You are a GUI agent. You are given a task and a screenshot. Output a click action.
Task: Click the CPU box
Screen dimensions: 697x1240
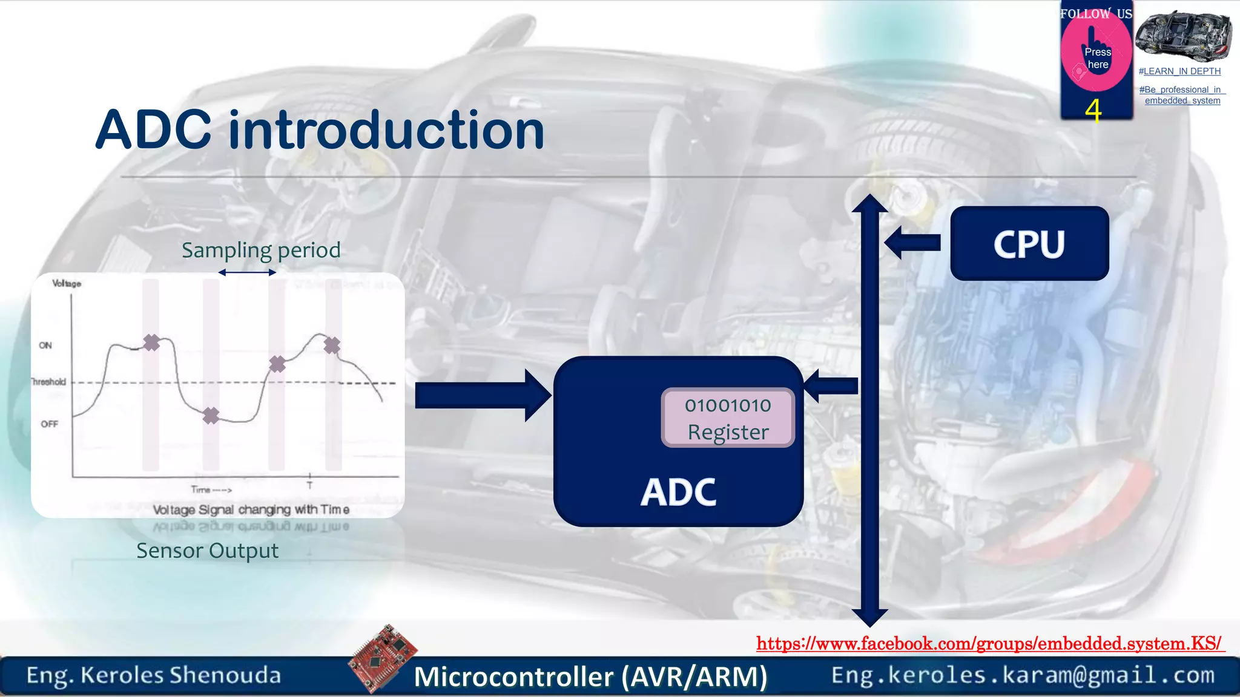point(1029,243)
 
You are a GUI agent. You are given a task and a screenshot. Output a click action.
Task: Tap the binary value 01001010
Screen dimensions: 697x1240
point(728,405)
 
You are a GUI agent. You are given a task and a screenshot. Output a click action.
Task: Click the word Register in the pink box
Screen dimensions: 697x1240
point(728,432)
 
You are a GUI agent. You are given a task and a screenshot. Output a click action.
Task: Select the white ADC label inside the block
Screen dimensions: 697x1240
point(678,492)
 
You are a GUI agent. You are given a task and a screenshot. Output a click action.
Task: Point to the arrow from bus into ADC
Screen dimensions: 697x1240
point(831,386)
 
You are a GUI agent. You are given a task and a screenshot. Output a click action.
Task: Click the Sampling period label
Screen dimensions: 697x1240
point(261,250)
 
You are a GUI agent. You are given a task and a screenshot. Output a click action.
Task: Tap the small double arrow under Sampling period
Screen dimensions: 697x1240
point(247,272)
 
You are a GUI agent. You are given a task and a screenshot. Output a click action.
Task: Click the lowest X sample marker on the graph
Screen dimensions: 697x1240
point(211,416)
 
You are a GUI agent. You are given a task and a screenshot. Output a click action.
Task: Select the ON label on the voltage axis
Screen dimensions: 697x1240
point(45,345)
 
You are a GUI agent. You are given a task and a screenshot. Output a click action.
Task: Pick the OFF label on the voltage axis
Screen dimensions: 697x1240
point(49,424)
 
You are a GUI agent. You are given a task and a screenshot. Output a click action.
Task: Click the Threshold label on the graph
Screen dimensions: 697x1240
point(48,382)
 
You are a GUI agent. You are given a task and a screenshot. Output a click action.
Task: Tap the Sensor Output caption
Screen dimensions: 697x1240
point(207,551)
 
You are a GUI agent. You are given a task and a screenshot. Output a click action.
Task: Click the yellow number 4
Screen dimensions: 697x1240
point(1093,111)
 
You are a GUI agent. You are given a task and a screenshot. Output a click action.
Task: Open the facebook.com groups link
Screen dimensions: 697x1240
point(989,643)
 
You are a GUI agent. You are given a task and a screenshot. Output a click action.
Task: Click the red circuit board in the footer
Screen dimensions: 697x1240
point(383,658)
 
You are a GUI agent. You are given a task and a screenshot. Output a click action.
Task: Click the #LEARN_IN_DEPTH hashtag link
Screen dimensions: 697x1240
point(1179,71)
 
